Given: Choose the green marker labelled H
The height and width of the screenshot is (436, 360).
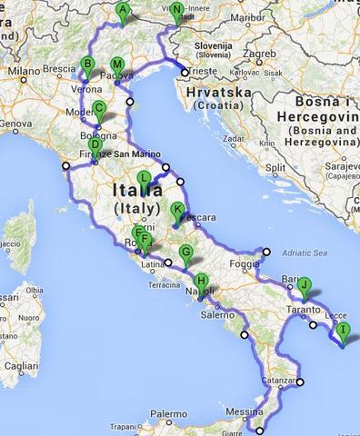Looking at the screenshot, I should coord(201,282).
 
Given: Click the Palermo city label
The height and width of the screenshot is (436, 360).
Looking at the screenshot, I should coord(171,413).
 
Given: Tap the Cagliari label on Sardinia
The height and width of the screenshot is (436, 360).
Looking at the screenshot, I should coord(19,365).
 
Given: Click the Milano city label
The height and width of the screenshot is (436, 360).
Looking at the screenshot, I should coord(24,69).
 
